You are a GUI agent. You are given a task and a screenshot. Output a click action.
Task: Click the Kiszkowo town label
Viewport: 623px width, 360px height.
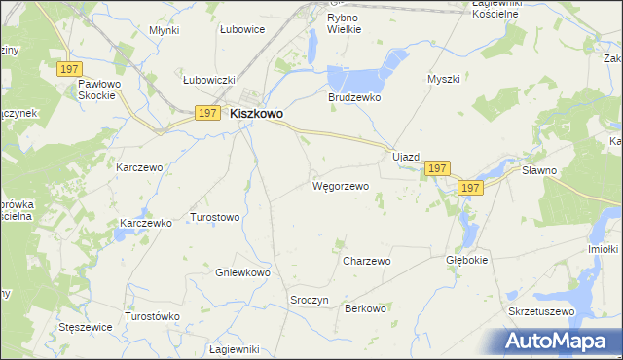[257, 114]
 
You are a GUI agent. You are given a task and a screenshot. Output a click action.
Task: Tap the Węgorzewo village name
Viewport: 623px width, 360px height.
[340, 185]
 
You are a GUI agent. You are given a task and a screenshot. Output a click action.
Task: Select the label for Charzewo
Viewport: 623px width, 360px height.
[366, 261]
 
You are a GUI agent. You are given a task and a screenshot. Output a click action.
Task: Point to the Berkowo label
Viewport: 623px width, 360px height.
[366, 308]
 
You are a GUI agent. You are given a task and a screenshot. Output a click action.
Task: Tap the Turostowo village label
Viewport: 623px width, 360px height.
[214, 217]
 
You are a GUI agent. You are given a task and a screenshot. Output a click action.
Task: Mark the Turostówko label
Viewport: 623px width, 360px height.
[153, 317]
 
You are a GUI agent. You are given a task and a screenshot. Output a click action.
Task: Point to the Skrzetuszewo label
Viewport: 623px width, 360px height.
[542, 311]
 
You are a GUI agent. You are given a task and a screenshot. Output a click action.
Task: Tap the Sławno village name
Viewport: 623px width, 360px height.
[566, 170]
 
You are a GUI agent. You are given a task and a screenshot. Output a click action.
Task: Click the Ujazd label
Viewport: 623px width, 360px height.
[405, 157]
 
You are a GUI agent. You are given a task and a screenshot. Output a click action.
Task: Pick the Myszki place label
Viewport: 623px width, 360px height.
[442, 79]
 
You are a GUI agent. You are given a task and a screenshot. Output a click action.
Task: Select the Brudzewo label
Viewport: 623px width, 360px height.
[353, 98]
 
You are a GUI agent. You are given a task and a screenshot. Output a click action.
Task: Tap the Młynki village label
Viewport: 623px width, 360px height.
[165, 30]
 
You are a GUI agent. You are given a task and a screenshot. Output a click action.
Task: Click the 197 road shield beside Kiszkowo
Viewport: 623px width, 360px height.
[206, 113]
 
